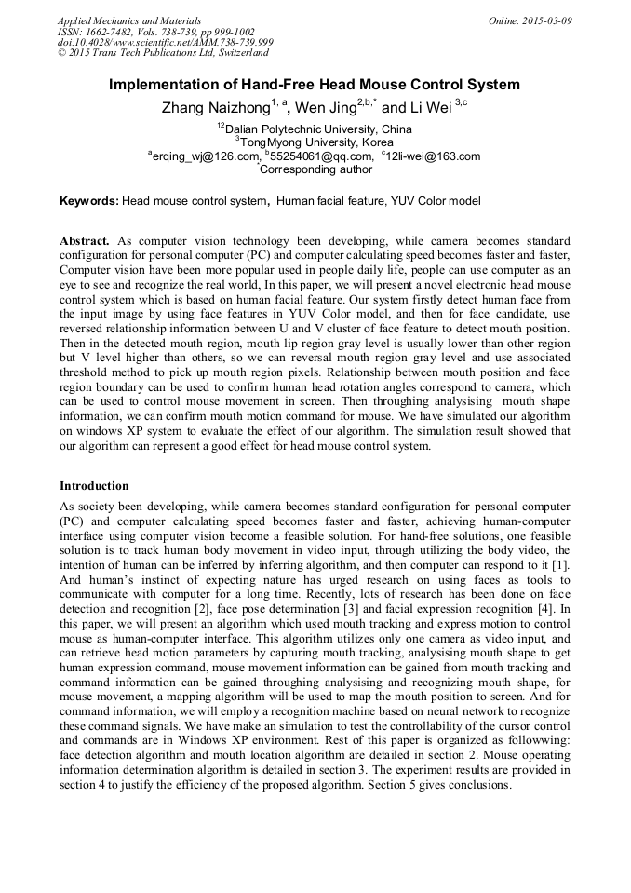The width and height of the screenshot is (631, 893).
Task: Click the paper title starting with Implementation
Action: pos(315,85)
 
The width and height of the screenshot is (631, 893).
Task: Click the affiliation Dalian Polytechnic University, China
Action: pos(318,129)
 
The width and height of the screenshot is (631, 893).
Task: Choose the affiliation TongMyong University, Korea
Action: pos(316,142)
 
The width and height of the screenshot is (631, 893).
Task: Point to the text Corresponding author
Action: pos(316,169)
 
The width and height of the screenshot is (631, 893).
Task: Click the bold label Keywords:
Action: pos(89,201)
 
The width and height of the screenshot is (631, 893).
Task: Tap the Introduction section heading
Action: pos(94,485)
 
